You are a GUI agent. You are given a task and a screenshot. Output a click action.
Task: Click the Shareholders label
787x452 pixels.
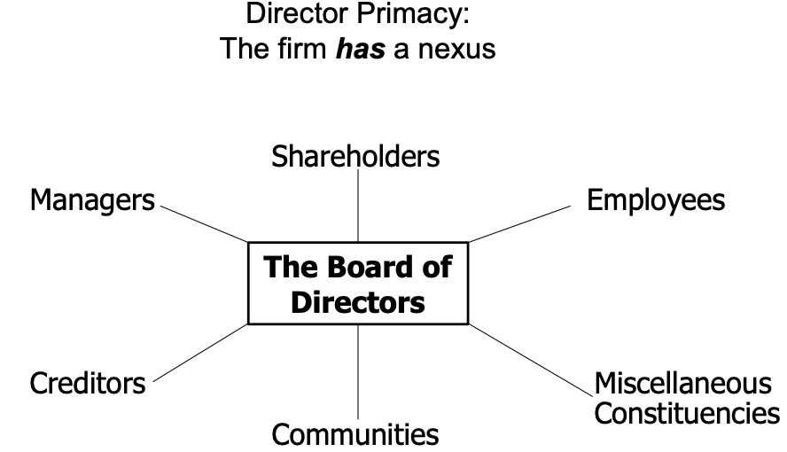point(356,158)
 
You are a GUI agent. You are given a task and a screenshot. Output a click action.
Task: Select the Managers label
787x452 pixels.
point(91,200)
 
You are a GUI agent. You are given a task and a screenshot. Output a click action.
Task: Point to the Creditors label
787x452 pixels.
point(87,384)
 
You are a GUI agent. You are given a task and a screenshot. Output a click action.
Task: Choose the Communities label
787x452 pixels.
point(355,435)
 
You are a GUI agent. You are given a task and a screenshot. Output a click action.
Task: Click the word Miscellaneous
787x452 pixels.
point(682,385)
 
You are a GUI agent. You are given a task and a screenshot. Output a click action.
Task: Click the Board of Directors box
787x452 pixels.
point(358,284)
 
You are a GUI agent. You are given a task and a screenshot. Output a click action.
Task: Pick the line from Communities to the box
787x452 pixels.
point(358,372)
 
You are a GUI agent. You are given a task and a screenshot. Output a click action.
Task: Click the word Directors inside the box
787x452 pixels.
point(358,302)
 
